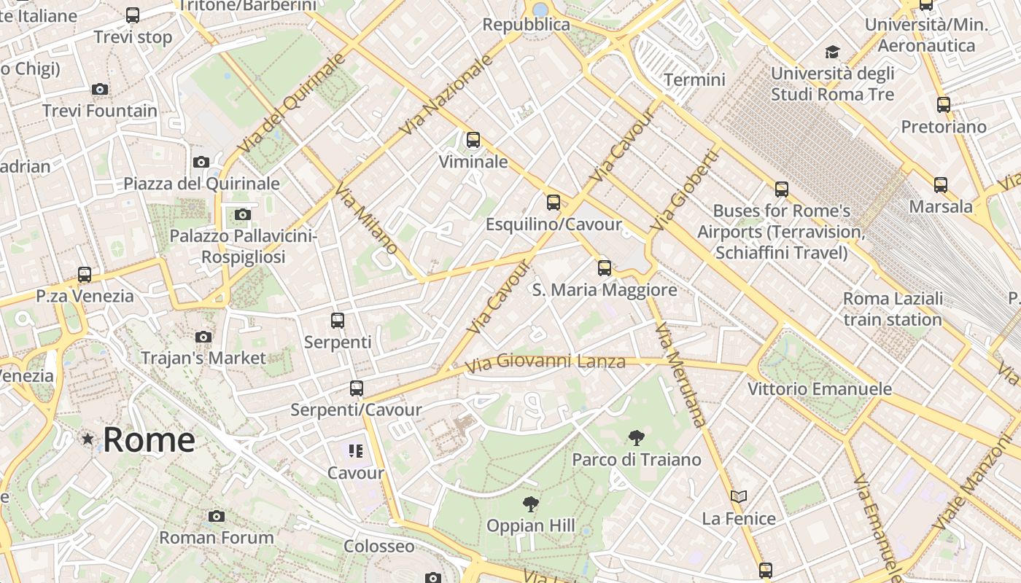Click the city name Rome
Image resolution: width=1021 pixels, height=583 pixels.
coord(149,439)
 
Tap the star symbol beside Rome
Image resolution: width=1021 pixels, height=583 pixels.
coord(88,439)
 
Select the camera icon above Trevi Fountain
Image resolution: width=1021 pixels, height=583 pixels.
coord(100,90)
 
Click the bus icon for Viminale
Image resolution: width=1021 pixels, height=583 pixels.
coord(473,140)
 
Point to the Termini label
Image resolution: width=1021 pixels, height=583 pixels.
coord(694,79)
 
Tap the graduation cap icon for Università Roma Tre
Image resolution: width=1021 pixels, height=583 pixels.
coord(832,52)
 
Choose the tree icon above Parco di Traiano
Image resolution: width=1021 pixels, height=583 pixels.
coord(636,438)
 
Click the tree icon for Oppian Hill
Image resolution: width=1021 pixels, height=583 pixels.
coord(530,504)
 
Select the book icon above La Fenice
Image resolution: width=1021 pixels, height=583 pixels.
coord(739,497)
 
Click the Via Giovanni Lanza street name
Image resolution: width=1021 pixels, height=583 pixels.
coord(545,361)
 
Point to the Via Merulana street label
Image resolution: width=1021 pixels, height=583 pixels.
coord(680,375)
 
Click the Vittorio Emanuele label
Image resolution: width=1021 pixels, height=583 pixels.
coord(820,389)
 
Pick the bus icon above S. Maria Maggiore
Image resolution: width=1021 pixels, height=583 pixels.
coord(605,268)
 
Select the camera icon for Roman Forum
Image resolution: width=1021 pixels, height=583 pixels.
coord(217,517)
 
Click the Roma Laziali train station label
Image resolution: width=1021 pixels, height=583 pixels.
coord(893,309)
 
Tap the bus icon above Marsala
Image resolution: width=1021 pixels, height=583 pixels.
coord(941,185)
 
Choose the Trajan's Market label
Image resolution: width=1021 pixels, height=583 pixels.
coord(203,358)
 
